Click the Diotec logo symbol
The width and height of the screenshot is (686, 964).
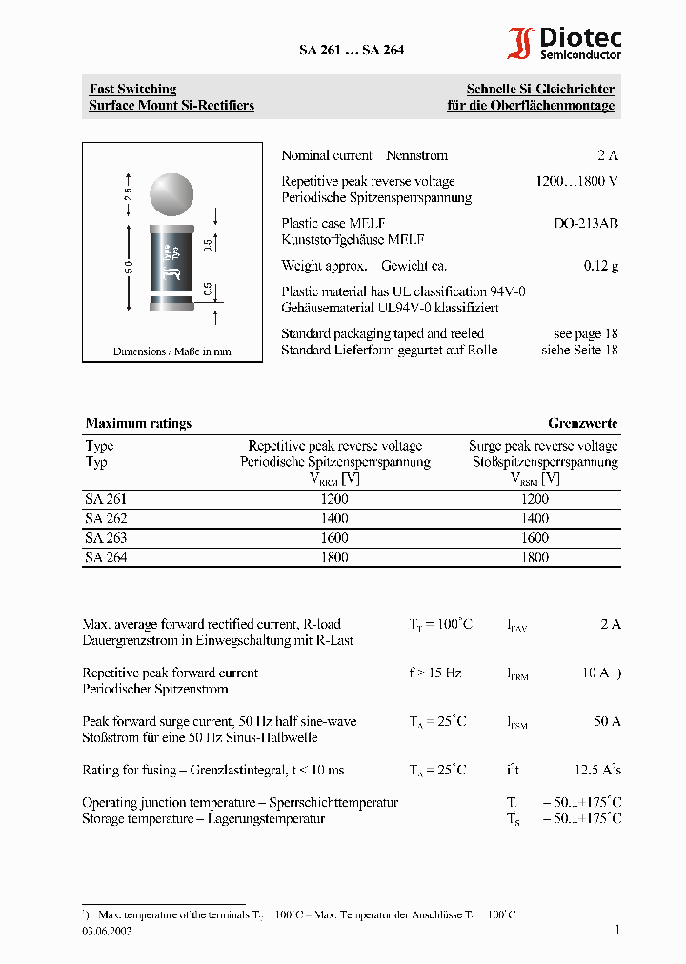[520, 44]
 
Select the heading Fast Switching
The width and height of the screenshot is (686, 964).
[132, 89]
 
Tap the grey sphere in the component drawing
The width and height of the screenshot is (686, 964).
[172, 194]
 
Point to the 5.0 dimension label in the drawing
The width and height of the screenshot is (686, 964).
[129, 270]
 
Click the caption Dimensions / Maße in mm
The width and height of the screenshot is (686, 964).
[171, 351]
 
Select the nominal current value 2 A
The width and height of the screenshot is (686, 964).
[608, 155]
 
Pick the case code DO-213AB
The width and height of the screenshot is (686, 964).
[586, 223]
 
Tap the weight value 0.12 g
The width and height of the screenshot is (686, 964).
[600, 266]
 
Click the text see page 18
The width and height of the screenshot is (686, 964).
[585, 333]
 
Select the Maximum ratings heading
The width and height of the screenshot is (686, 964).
[138, 423]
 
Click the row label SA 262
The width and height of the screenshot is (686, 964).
[106, 518]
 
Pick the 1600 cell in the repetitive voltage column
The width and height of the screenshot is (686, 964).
[334, 537]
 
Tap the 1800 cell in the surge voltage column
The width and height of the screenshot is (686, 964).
[535, 557]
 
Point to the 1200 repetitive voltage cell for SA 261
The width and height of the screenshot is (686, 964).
[334, 499]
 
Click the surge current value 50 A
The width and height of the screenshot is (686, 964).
[607, 721]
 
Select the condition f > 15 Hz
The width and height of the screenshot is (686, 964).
[435, 673]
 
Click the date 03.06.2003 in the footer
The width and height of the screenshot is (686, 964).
[107, 932]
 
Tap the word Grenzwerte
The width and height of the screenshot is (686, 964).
[582, 423]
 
